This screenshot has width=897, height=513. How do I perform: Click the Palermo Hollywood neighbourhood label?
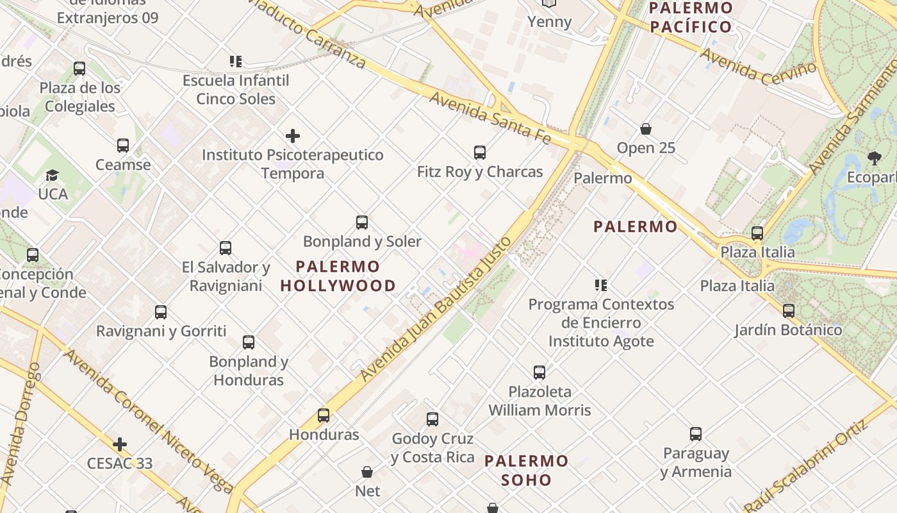tap(338, 276)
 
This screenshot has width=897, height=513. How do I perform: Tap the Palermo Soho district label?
tap(526, 470)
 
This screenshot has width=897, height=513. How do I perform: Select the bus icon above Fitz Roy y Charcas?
tap(480, 153)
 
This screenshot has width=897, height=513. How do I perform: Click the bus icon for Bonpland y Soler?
tap(362, 223)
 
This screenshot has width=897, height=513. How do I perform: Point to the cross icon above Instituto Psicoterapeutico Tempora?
tap(293, 136)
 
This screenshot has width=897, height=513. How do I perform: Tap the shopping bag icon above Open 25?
tap(646, 129)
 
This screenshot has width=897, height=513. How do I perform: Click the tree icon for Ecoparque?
tap(874, 158)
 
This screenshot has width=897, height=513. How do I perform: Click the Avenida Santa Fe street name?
tap(490, 117)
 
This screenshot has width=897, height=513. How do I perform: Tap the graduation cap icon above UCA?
tap(52, 175)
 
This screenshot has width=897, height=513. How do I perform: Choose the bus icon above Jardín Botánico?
tap(788, 311)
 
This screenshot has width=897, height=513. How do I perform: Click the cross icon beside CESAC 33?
tap(120, 444)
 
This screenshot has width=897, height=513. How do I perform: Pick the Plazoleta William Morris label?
tap(539, 401)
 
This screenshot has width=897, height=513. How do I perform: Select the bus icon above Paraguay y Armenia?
tap(696, 434)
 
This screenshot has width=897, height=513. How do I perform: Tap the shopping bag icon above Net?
tap(367, 472)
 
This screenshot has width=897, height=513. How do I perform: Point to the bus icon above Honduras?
tap(324, 416)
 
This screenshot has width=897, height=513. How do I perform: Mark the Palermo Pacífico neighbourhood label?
tap(691, 17)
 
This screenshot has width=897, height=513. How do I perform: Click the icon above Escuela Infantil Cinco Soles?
tap(236, 62)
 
